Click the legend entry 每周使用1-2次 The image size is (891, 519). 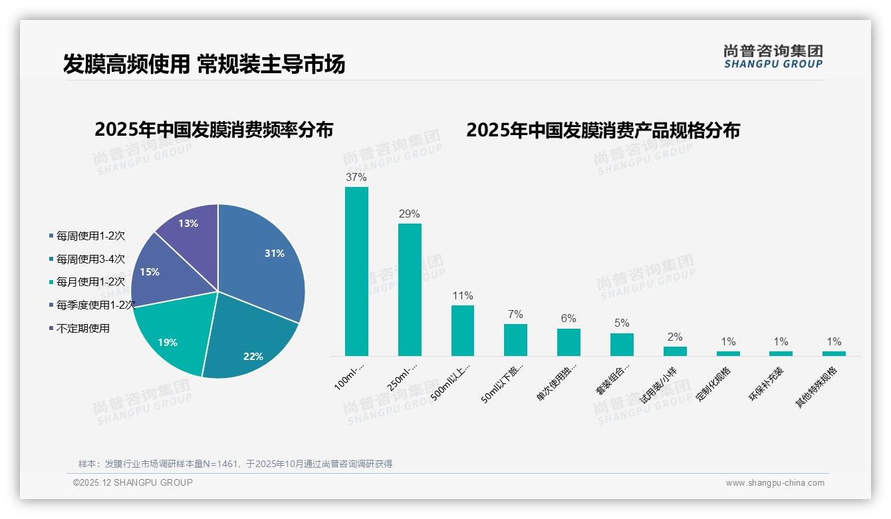(x=90, y=236)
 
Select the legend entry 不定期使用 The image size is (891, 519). (x=82, y=329)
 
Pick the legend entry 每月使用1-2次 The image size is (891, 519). (x=90, y=282)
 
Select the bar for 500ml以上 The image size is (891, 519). (x=463, y=331)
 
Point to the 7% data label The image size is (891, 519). (x=515, y=315)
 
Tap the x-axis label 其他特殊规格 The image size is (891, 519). (x=818, y=387)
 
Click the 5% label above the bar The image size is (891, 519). (x=622, y=323)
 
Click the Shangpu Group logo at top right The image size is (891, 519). (x=773, y=57)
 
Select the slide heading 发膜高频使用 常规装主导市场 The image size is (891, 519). (x=204, y=64)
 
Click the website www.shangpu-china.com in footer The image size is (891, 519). (x=775, y=483)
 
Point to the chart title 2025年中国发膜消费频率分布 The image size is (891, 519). (x=214, y=130)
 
